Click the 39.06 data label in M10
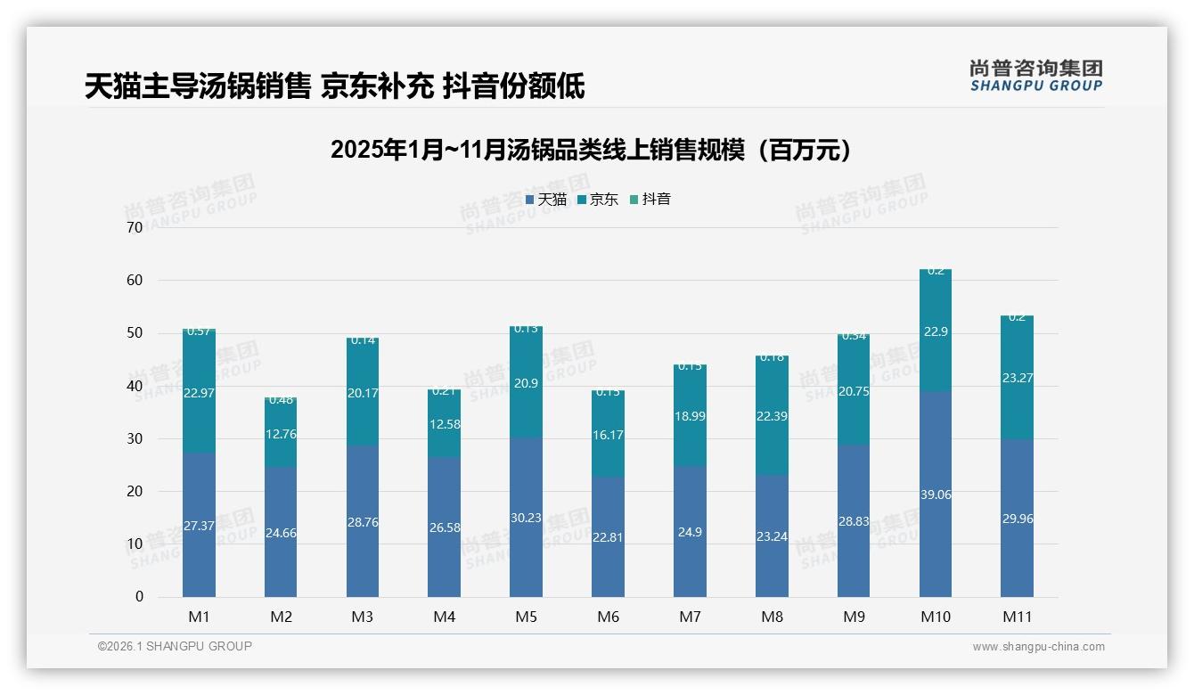tap(935, 495)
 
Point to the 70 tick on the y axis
tap(135, 227)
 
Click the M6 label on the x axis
tap(608, 617)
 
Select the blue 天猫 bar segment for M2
tap(281, 535)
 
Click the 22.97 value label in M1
tap(199, 393)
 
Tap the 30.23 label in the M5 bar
tap(526, 518)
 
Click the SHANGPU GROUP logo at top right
tap(1035, 76)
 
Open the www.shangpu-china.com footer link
tap(1038, 647)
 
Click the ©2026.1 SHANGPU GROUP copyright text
tap(175, 646)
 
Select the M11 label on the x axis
tap(1017, 617)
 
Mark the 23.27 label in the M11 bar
tap(1017, 378)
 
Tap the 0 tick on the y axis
tap(139, 597)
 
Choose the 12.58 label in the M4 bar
tap(444, 424)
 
